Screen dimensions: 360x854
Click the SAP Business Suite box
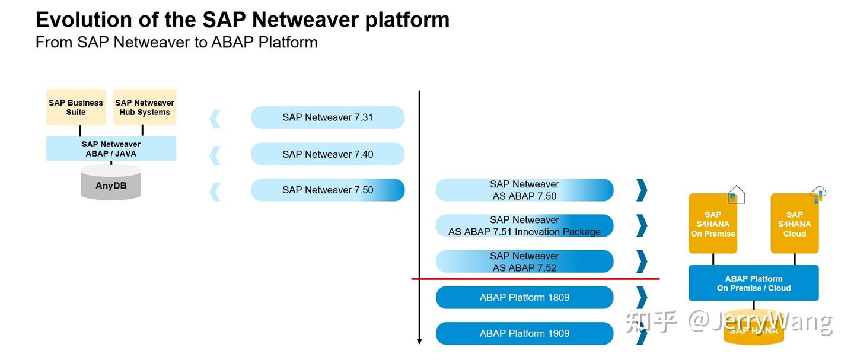pos(76,107)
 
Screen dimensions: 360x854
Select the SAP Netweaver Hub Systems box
pos(145,107)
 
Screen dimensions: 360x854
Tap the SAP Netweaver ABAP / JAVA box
pos(111,149)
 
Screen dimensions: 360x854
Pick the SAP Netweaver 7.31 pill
pos(327,117)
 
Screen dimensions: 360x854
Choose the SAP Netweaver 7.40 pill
pos(327,154)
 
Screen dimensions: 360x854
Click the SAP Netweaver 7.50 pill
pos(327,190)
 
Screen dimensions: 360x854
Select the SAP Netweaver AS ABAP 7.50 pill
pos(524,190)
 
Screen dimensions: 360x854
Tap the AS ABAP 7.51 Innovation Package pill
pos(524,226)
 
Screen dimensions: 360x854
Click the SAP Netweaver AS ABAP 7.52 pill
pos(524,262)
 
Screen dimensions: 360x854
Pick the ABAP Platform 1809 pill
pos(524,298)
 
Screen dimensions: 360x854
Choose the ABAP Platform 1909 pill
pos(524,333)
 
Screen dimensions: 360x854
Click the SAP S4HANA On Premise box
pos(713,224)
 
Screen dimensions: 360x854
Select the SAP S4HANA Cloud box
pos(794,224)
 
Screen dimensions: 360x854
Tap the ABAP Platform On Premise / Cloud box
pos(753,283)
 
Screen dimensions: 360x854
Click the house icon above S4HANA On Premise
pos(736,195)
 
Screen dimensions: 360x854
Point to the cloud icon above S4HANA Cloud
pos(818,194)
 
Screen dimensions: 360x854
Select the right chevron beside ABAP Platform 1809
pos(641,298)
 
